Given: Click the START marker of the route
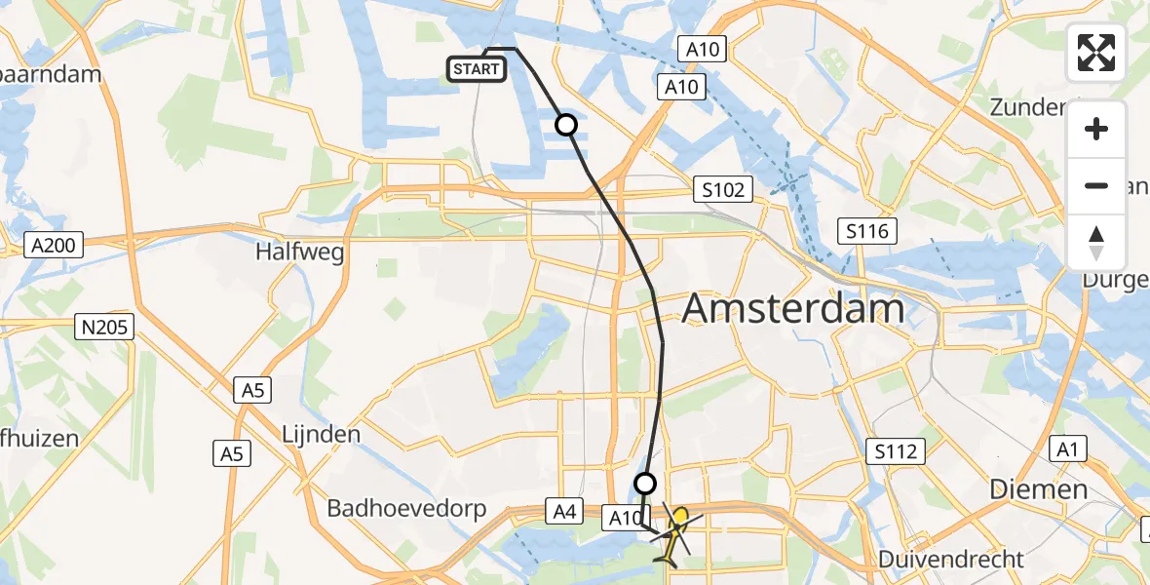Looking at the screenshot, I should coord(477,69).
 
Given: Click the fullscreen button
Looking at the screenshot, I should coord(1096,53).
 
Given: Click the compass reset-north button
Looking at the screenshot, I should coord(1096,243).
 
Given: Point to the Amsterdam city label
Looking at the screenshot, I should coord(793,309).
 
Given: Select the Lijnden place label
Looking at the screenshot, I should coord(321,434).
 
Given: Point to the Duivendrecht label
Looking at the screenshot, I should coord(951,560).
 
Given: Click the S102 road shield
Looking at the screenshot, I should coord(721,189).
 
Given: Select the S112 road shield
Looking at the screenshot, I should coord(894,450).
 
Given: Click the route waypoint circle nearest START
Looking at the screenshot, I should coord(566,125).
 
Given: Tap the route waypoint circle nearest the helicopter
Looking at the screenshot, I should coord(645,483).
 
